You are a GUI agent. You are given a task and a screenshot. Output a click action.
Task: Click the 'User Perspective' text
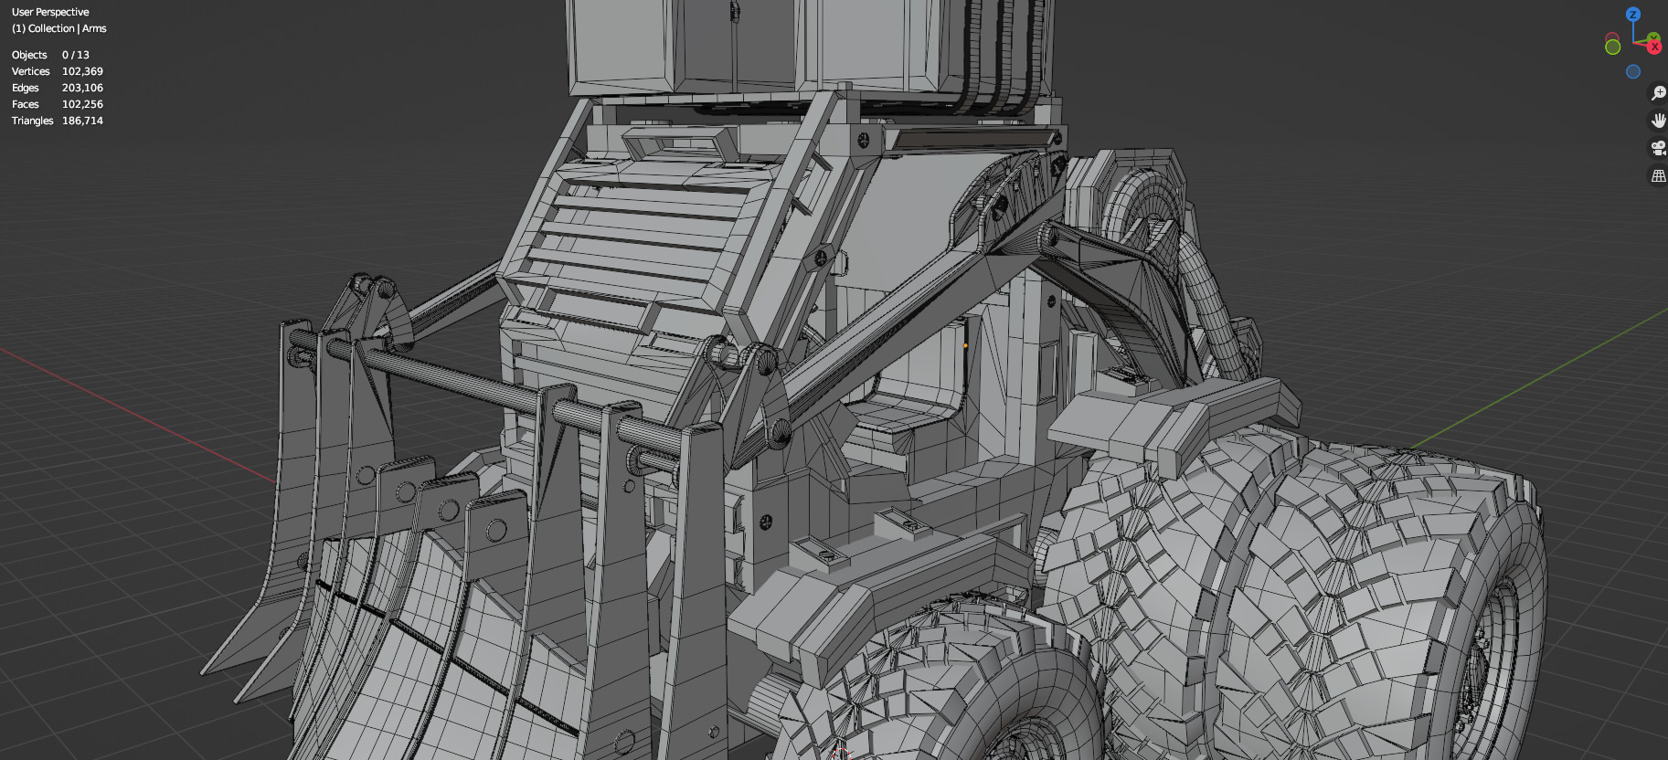coord(50,12)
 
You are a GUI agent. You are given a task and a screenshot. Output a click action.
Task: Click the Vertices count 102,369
coord(82,71)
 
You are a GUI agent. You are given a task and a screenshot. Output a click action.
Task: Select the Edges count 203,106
coord(82,88)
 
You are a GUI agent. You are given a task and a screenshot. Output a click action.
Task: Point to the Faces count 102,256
coord(82,104)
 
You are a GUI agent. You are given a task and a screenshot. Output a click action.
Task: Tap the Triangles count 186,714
coord(82,121)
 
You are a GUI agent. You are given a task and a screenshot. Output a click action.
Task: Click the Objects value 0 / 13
coord(76,55)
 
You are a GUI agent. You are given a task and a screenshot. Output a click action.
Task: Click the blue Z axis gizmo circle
coord(1633,15)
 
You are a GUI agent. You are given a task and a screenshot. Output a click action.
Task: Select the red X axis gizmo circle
coord(1654,47)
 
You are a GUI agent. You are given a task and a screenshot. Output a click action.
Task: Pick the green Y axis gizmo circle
coord(1613,47)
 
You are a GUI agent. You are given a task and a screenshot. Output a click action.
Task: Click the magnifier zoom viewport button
coord(1658,93)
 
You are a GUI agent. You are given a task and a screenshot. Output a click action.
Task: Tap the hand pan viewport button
coord(1658,121)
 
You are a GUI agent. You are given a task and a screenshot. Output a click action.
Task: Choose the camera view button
coord(1658,148)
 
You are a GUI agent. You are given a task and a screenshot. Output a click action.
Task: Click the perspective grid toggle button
coord(1658,175)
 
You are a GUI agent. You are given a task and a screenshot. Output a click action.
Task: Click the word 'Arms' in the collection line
coord(94,28)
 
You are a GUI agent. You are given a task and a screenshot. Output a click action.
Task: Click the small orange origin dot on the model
coord(965,345)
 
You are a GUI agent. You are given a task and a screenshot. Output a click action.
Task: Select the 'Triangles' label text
coord(32,121)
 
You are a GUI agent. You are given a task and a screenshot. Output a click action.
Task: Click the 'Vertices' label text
coord(30,71)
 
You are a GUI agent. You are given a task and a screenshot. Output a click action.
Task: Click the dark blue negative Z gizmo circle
coord(1633,71)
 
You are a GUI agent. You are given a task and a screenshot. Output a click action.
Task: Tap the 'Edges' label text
coord(25,88)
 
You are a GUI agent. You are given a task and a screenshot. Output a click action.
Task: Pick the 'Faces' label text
coord(25,104)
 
